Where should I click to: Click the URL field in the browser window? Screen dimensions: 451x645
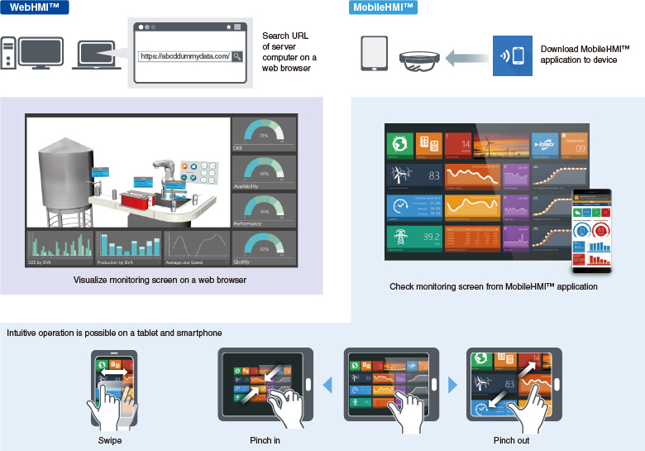[184, 56]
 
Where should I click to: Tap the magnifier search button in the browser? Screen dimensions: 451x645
[237, 56]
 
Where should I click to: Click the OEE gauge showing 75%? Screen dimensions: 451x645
[264, 134]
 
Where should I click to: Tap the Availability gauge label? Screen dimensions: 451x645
[246, 186]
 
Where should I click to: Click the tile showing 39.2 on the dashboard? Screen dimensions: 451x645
[413, 238]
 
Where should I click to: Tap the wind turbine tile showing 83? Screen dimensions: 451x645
[413, 175]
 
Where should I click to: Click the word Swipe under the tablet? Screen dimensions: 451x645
[109, 440]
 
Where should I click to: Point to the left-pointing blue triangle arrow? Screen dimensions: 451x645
[327, 385]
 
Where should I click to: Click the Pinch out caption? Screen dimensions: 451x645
[513, 440]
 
